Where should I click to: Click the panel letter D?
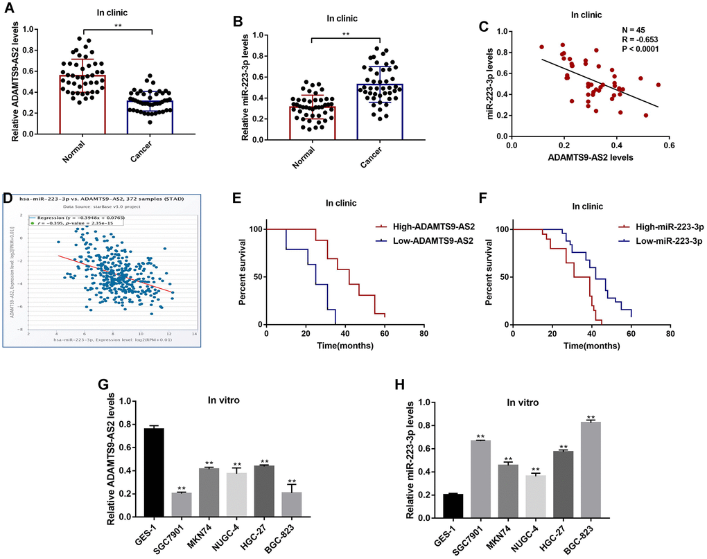[x=8, y=199]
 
